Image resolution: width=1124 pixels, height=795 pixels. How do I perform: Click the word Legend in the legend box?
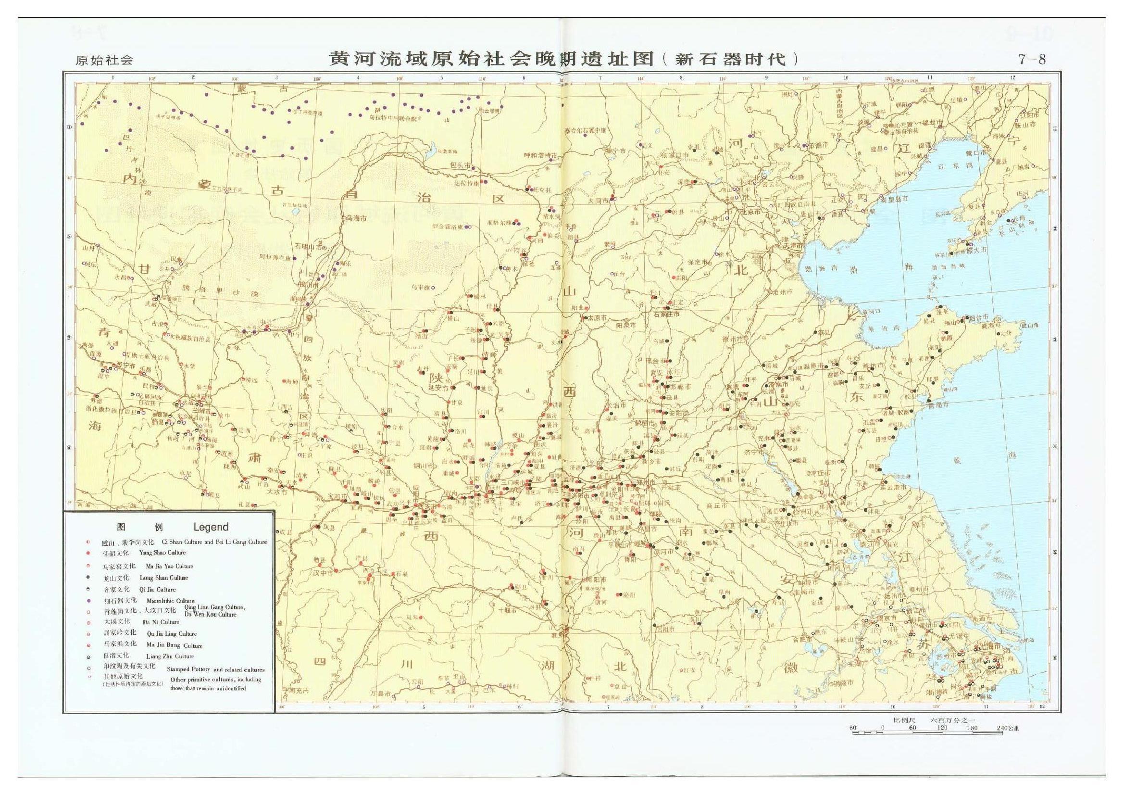point(211,527)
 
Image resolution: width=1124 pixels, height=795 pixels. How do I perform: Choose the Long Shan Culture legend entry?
point(163,578)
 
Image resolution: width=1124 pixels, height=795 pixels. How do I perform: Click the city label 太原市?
point(596,318)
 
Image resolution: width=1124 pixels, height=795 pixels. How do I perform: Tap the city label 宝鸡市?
point(337,497)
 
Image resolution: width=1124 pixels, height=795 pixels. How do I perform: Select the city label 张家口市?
point(674,155)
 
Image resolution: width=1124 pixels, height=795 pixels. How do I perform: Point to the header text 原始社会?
point(104,61)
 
